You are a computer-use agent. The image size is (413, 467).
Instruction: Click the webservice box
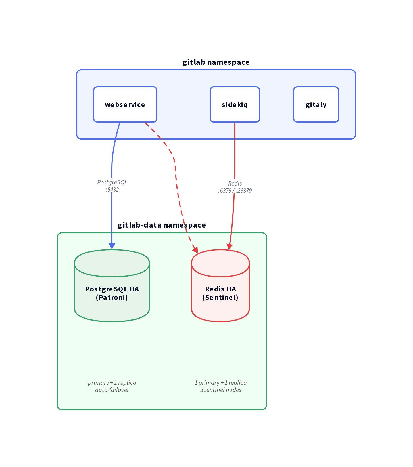click(x=125, y=104)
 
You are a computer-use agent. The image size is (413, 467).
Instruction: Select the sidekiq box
click(x=235, y=104)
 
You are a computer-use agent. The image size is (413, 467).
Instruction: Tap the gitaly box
click(x=316, y=104)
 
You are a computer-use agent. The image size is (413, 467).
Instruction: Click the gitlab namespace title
click(x=216, y=62)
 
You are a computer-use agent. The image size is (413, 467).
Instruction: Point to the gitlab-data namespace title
click(x=162, y=225)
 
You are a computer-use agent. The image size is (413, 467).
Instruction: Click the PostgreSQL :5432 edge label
click(x=112, y=186)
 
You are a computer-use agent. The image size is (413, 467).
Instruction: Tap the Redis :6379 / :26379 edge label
click(x=235, y=187)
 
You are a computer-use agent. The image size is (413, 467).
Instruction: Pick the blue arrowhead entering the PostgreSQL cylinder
click(x=112, y=246)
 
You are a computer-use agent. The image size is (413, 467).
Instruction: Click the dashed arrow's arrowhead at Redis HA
click(x=195, y=249)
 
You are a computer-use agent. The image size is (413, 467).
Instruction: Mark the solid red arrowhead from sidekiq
click(x=229, y=246)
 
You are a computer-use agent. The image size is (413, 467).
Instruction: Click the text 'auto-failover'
click(x=112, y=390)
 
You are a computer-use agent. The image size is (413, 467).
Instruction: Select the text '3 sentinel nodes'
click(x=221, y=390)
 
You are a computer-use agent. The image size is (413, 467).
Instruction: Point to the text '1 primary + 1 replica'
click(x=221, y=383)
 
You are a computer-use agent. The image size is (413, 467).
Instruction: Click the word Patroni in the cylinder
click(x=112, y=298)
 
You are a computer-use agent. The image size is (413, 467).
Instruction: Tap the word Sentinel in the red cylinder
click(x=220, y=298)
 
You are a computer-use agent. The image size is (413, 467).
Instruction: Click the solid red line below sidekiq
click(x=235, y=150)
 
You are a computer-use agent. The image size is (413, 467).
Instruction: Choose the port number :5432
click(x=112, y=190)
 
